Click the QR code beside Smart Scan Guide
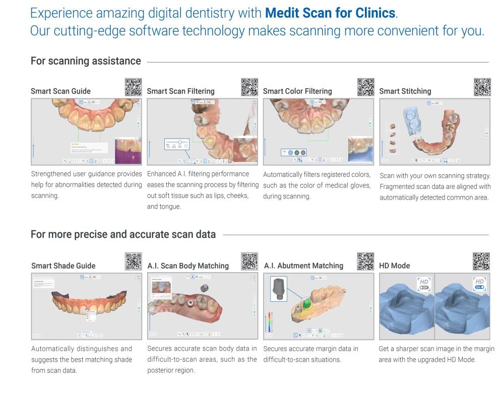[x=133, y=87]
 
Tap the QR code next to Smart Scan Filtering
[x=249, y=87]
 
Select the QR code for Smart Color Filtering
[x=365, y=87]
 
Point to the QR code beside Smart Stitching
[x=482, y=87]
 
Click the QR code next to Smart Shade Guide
[x=133, y=261]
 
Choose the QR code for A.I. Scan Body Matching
[x=249, y=261]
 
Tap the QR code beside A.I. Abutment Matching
[x=365, y=261]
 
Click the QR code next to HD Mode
[x=481, y=261]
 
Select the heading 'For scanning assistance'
[x=86, y=61]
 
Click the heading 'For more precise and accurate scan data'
[x=123, y=234]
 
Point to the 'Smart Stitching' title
[x=405, y=91]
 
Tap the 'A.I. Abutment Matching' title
[x=303, y=265]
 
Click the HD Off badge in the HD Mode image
[x=424, y=284]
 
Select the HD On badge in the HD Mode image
[x=479, y=284]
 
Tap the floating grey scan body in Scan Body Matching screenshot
[x=204, y=288]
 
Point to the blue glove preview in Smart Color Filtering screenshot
[x=360, y=150]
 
